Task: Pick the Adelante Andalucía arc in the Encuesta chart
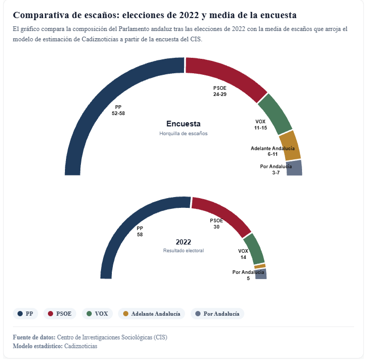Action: (x=290, y=145)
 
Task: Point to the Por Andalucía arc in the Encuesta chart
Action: (x=294, y=168)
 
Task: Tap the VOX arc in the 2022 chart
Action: (x=254, y=248)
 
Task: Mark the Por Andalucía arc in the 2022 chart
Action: (x=261, y=274)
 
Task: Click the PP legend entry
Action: (x=26, y=314)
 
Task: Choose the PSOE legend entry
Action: (x=60, y=314)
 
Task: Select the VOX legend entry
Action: (x=97, y=314)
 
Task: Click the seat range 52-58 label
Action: (x=119, y=113)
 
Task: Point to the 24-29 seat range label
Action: (x=220, y=94)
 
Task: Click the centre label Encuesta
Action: (x=183, y=124)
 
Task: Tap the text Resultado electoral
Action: (x=183, y=250)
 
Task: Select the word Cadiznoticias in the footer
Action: (x=80, y=346)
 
